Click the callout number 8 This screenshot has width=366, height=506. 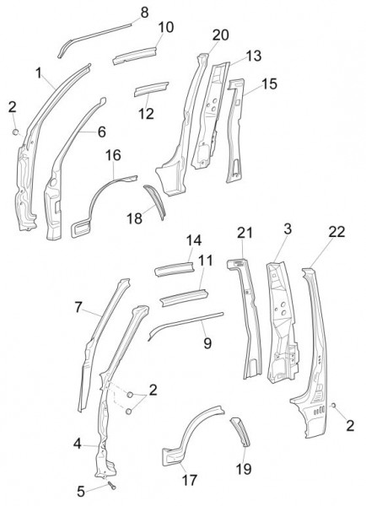144,13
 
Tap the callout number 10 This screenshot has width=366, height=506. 166,28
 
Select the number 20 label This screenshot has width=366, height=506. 221,35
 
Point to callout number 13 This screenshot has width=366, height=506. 254,56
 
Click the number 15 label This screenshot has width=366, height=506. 269,83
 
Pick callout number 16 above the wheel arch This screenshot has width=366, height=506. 113,155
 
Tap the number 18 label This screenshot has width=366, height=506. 135,218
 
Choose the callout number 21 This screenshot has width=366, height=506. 245,233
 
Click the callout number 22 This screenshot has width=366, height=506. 336,232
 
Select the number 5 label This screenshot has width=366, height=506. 81,492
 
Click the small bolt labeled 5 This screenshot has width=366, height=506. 111,485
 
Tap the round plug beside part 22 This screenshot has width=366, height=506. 333,406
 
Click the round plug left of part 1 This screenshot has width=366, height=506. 15,132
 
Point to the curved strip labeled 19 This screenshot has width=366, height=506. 241,432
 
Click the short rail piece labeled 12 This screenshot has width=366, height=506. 151,89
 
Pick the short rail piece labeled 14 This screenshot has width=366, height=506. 175,269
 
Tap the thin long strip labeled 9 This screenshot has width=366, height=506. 186,326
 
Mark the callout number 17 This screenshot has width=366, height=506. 190,480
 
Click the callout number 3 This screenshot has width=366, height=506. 288,229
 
